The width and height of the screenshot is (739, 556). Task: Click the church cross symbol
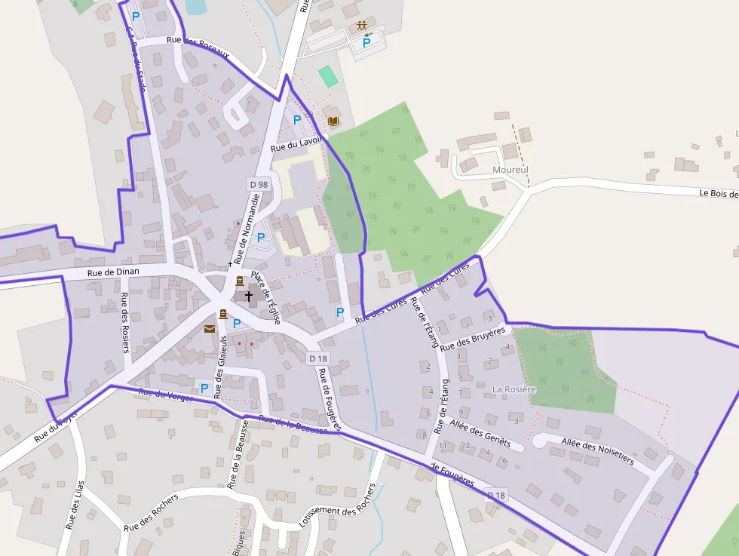point(249,296)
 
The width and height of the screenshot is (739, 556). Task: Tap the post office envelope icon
point(209,328)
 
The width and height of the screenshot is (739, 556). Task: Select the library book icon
point(333,120)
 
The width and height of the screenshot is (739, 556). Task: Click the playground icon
point(363,27)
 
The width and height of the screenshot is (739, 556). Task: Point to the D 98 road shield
point(258,184)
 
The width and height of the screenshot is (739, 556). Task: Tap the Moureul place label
point(510,170)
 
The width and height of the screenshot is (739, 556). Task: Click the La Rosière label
point(514,389)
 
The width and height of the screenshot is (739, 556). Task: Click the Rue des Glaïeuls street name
point(220,367)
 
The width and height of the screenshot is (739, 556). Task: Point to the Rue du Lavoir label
point(296,144)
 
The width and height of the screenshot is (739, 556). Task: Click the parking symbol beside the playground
point(366,43)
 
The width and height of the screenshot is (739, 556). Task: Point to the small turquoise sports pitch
point(328,76)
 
